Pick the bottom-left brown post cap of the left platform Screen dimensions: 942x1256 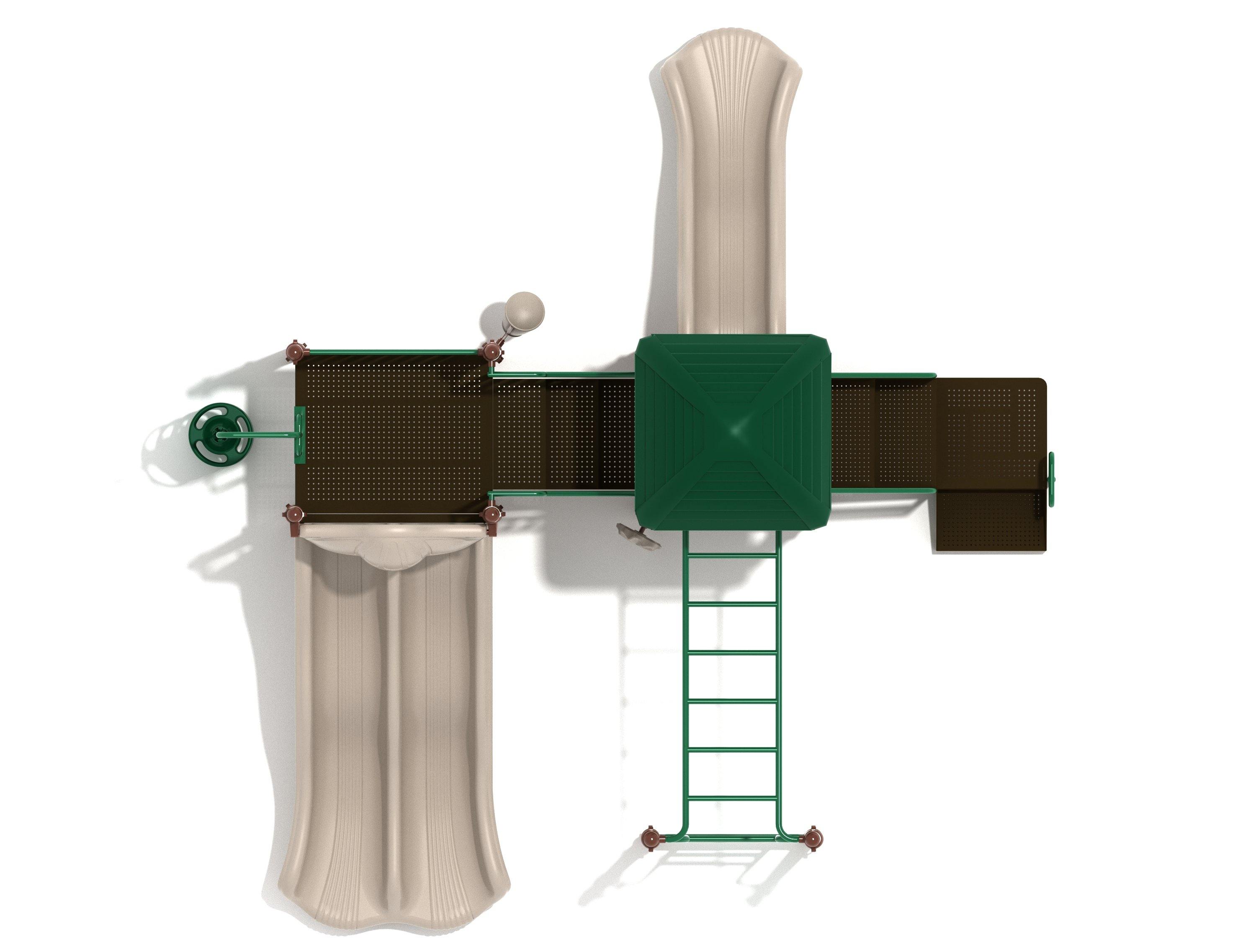[294, 515]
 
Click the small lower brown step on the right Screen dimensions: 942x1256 [989, 521]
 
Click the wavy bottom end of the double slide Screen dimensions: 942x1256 [394, 903]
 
